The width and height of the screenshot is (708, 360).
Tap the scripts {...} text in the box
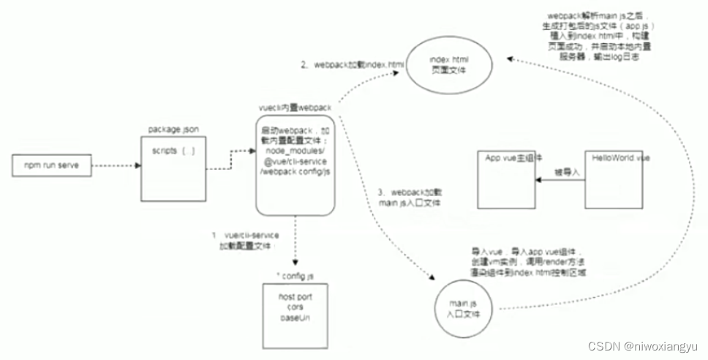click(x=173, y=151)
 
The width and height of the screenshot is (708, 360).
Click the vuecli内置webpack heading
click(x=295, y=106)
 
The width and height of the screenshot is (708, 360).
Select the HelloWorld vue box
click(x=618, y=179)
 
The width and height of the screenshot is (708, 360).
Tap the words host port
click(x=295, y=297)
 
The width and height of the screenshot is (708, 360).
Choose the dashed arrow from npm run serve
click(x=117, y=165)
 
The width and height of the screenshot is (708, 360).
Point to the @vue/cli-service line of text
click(x=295, y=160)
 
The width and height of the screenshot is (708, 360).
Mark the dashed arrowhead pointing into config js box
click(x=295, y=264)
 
